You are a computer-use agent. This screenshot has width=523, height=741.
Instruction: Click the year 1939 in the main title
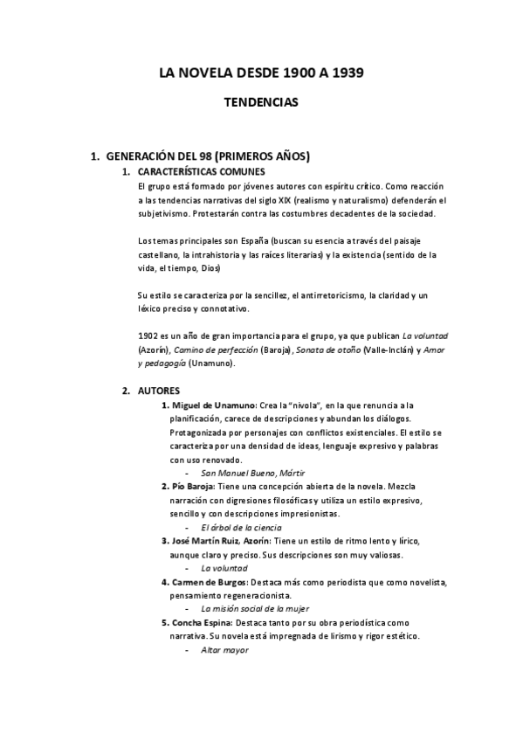coord(343,73)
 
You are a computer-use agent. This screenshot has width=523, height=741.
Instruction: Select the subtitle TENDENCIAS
coord(262,102)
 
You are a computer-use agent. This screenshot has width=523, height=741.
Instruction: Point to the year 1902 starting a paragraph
coord(148,335)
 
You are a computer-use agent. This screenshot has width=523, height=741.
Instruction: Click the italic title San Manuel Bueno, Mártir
coord(241,473)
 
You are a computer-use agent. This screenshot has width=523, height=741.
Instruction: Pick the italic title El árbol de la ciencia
coord(241,527)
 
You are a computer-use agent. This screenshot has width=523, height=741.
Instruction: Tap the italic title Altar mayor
coord(224,650)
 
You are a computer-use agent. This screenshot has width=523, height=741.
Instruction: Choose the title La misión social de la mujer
coord(254,608)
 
